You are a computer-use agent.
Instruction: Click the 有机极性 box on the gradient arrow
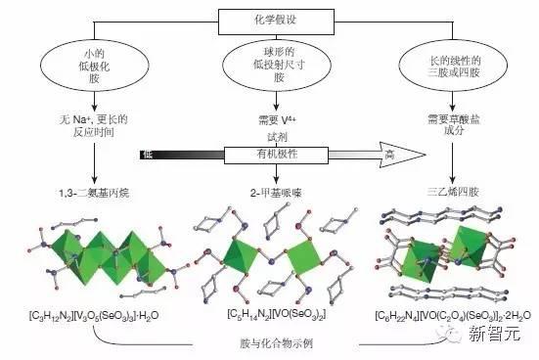pyautogui.click(x=269, y=153)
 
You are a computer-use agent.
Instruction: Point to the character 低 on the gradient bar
pyautogui.click(x=147, y=154)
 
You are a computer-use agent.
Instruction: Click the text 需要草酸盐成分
pyautogui.click(x=451, y=125)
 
